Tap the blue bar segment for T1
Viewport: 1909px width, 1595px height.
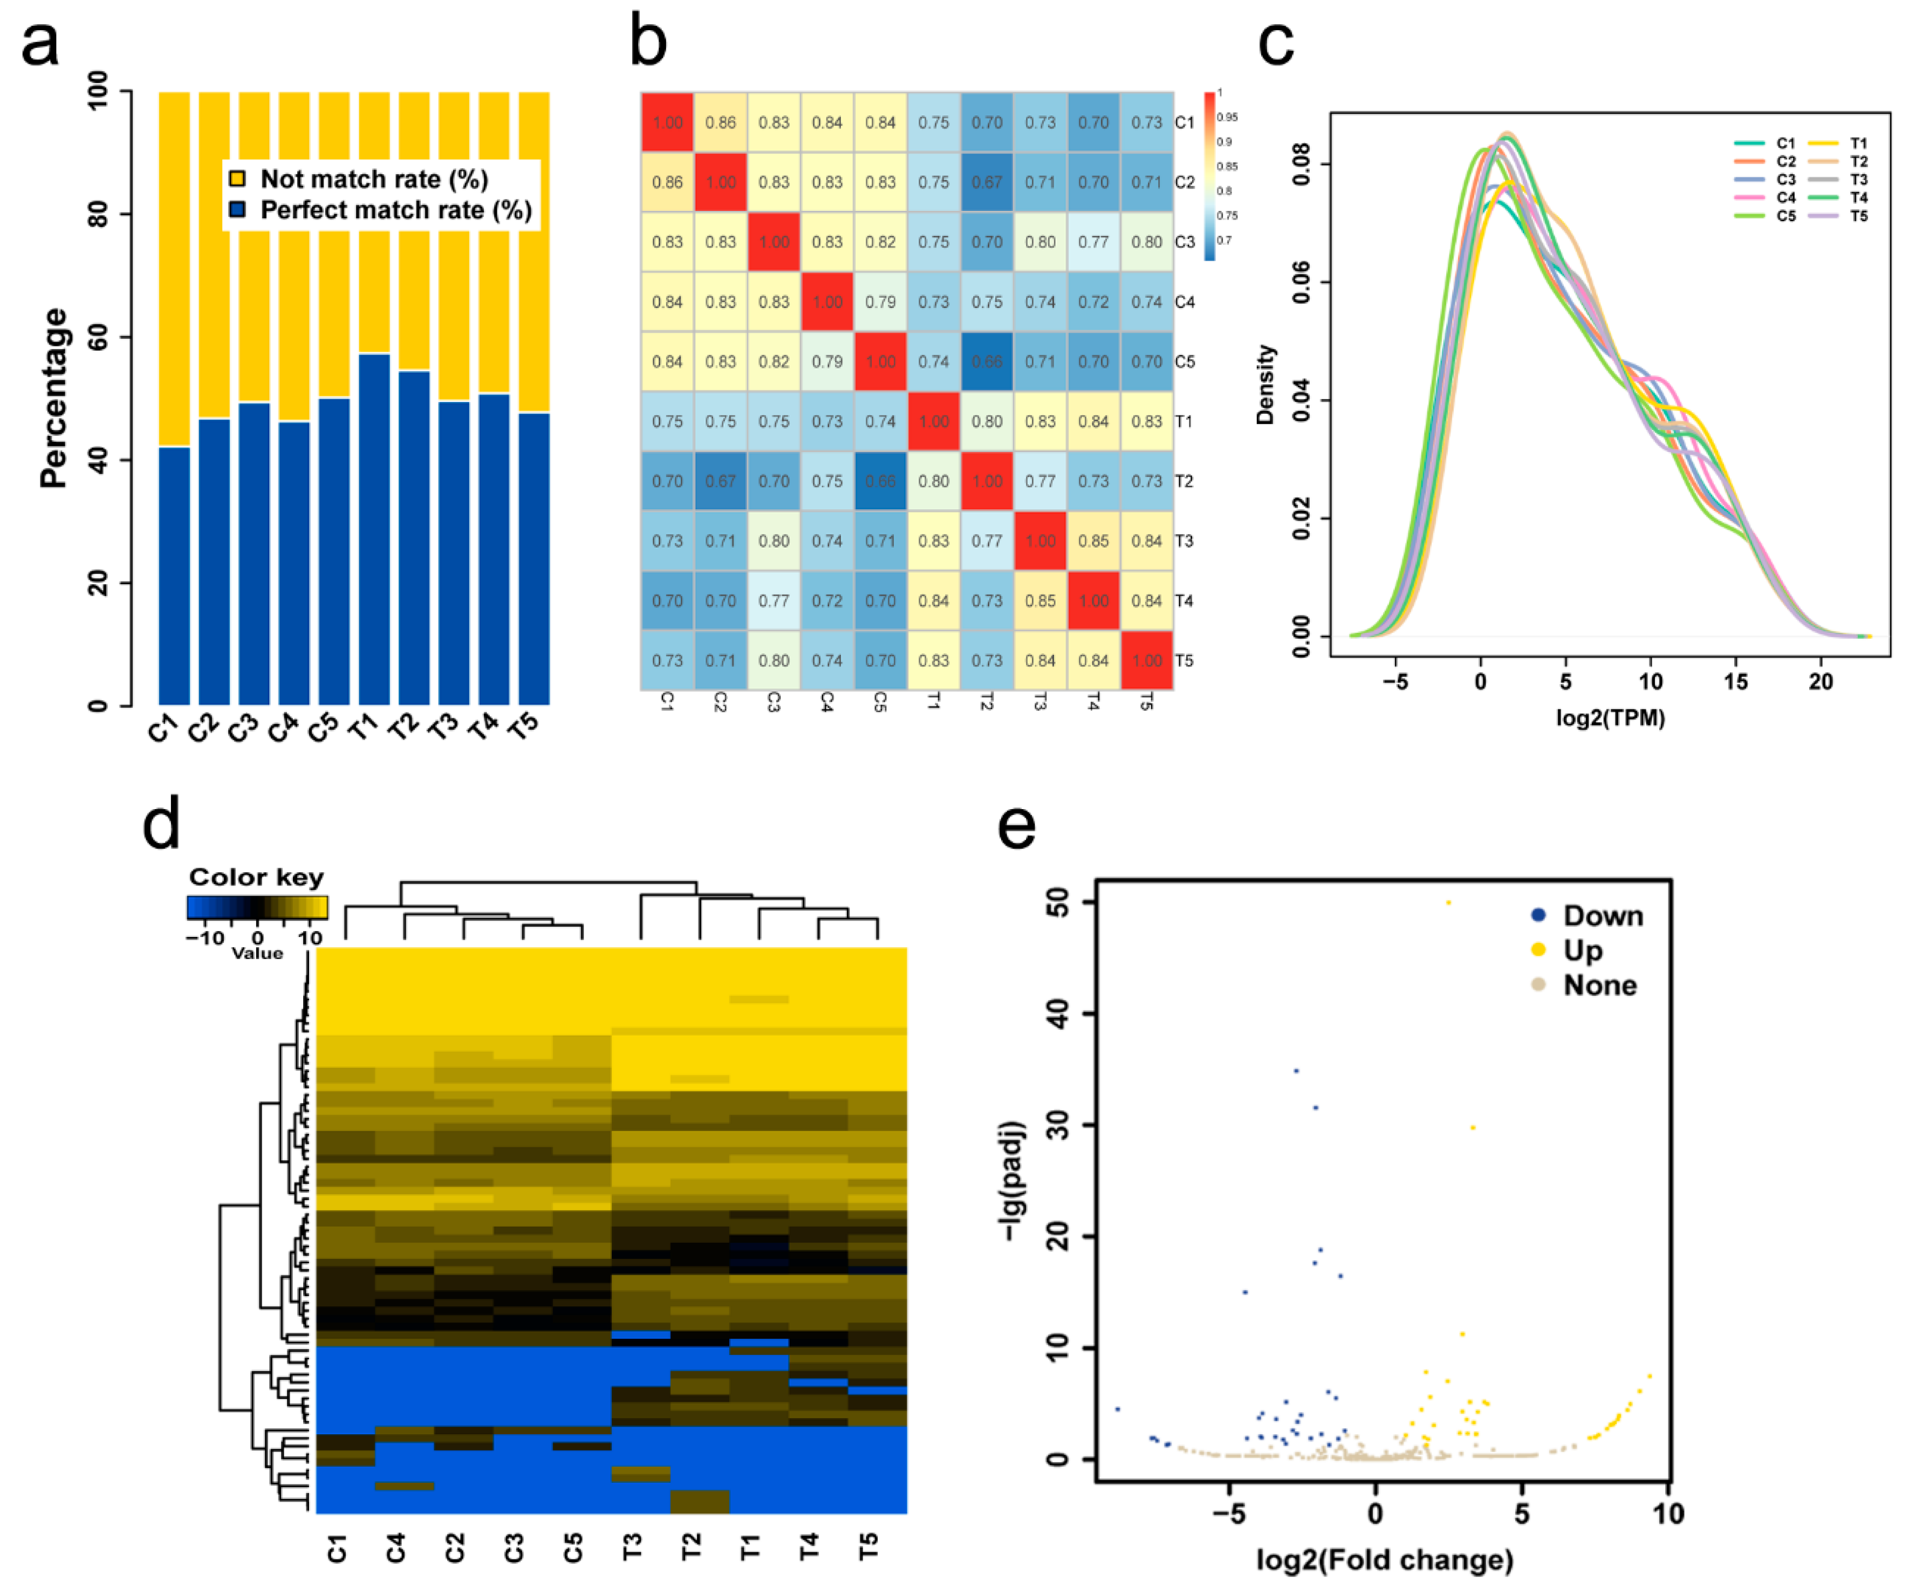coord(374,527)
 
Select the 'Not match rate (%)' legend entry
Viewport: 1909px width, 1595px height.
coord(373,179)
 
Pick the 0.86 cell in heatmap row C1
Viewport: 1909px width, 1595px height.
coord(720,122)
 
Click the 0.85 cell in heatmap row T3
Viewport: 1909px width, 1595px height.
coord(1093,541)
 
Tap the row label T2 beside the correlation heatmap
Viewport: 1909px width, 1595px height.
coord(1183,481)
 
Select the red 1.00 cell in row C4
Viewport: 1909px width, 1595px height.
coord(827,302)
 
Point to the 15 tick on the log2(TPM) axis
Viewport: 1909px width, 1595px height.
coord(1735,682)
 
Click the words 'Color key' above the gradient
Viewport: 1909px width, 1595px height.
coord(256,877)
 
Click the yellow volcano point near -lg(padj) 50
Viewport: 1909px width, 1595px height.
coord(1448,902)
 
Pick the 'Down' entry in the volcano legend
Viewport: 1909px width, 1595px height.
coord(1602,916)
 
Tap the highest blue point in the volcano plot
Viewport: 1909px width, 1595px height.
coord(1296,1071)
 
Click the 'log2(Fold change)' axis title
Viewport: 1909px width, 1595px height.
coord(1385,1560)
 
